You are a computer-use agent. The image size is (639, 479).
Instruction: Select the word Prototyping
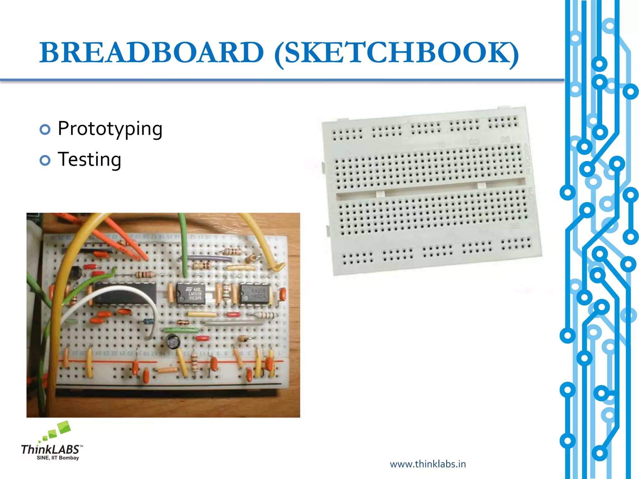click(x=110, y=128)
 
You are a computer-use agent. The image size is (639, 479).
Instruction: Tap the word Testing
click(x=89, y=159)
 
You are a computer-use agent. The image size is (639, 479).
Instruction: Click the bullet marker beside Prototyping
click(x=45, y=129)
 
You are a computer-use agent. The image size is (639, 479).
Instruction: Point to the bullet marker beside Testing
click(x=45, y=160)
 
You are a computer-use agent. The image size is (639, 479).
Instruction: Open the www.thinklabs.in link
click(x=428, y=464)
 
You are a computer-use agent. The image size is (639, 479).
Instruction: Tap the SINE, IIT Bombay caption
click(x=58, y=458)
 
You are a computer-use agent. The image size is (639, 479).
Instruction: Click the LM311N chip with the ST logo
click(x=190, y=293)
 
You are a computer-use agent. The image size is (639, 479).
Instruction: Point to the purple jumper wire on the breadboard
click(x=206, y=258)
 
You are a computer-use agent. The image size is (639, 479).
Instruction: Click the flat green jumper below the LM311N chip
click(x=181, y=330)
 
